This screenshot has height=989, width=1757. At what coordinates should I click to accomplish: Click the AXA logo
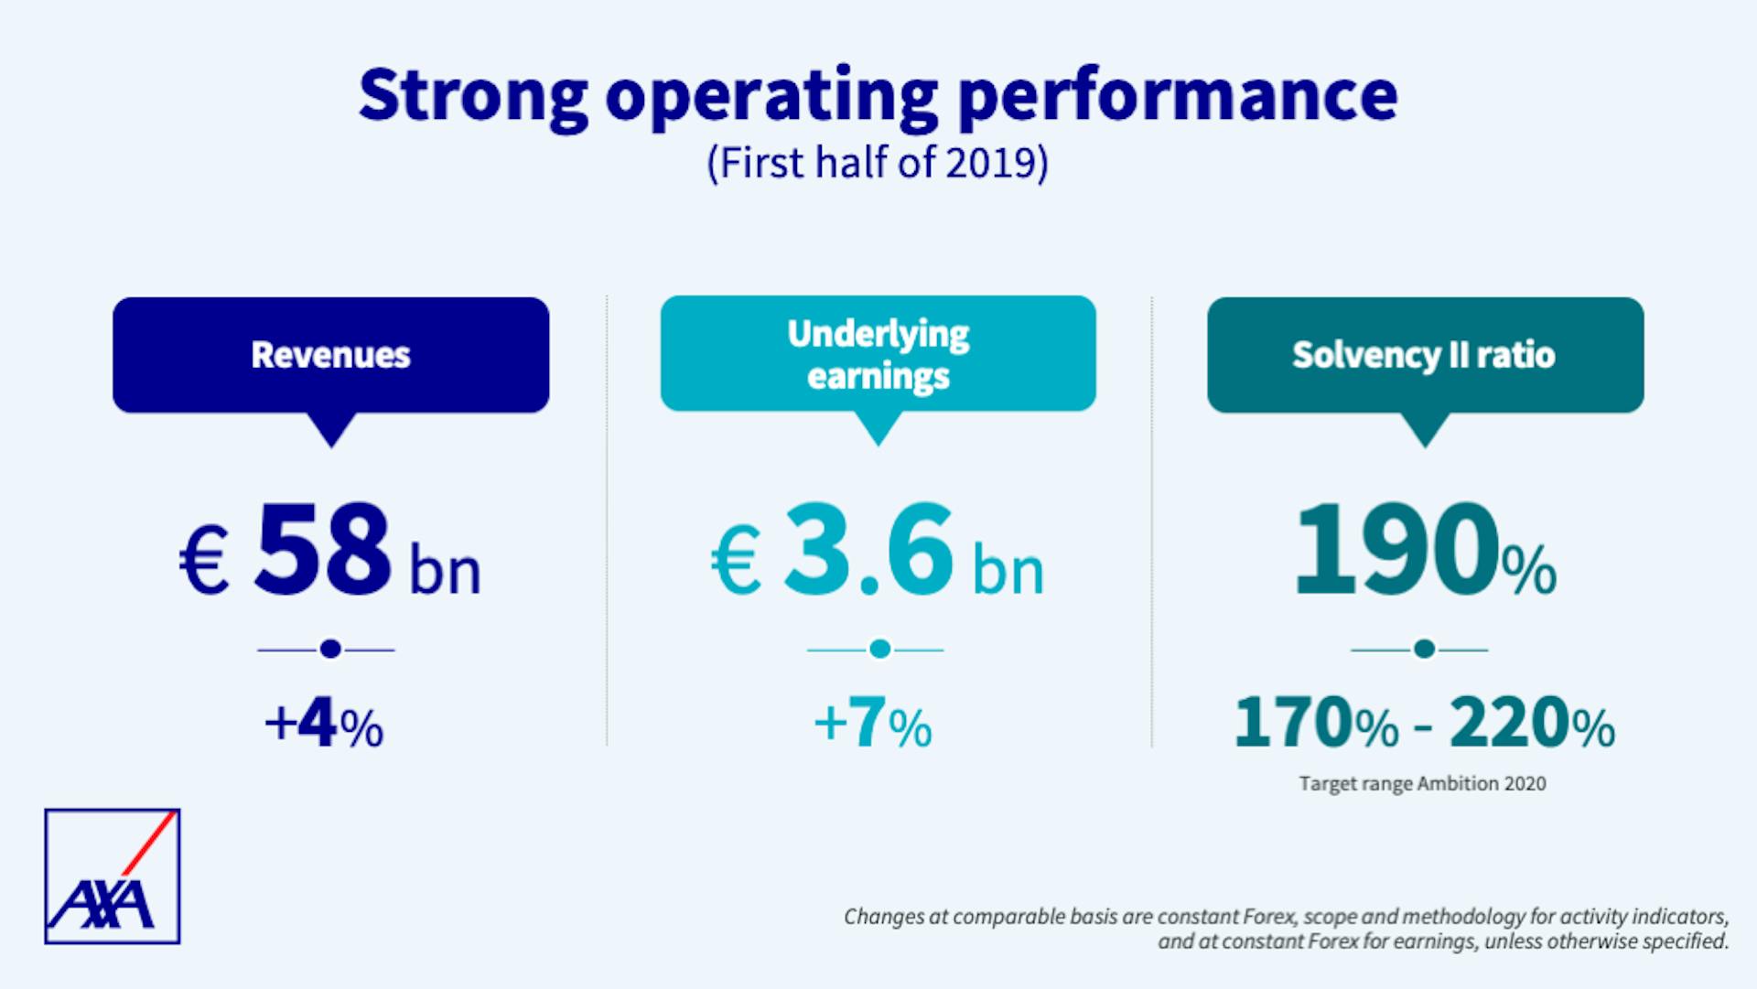point(112,876)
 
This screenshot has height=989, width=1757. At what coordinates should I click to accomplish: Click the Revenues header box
point(330,355)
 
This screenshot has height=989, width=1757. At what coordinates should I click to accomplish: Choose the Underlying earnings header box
point(878,354)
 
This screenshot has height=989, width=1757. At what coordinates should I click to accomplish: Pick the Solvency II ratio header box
point(1424,355)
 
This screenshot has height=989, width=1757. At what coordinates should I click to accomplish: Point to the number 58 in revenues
point(323,549)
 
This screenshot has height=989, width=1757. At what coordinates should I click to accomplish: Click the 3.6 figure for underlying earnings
point(868,549)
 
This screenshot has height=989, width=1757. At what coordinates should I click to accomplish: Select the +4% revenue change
point(324,725)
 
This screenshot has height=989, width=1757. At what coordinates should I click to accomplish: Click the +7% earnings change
point(872,725)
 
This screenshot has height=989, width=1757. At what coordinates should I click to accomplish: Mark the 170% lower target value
point(1316,725)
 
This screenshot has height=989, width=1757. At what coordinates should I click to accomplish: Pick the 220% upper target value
point(1532,725)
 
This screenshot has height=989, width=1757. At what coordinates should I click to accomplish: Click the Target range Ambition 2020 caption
point(1422,784)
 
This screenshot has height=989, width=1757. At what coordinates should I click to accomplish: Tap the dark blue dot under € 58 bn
point(330,650)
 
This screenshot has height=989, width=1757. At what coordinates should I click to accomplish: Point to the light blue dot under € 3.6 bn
point(879,650)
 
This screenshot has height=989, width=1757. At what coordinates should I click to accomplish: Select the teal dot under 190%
point(1423,650)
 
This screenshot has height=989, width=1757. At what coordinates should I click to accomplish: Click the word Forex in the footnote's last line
point(1333,941)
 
